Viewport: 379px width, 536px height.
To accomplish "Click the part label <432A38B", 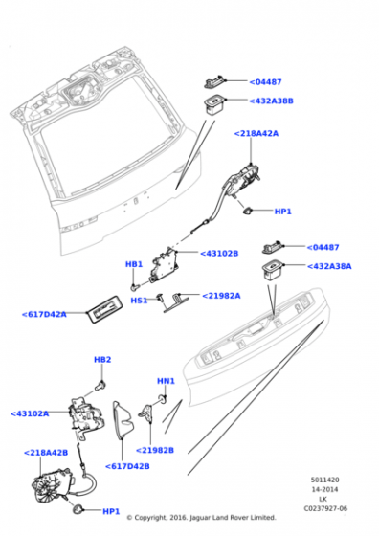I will [272, 100].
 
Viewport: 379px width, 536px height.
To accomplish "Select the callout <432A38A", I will [328, 267].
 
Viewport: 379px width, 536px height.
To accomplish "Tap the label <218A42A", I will [256, 134].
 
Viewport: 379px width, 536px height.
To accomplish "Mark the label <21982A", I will [222, 296].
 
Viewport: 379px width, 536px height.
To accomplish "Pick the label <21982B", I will [155, 449].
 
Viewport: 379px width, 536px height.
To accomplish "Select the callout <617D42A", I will [44, 313].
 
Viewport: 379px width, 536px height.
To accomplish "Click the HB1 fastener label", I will [134, 264].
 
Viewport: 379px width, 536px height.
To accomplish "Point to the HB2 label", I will [102, 359].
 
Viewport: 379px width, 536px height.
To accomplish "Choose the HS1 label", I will [139, 300].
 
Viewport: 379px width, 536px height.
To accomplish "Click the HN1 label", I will [166, 381].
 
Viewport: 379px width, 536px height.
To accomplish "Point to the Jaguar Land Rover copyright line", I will [201, 518].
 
